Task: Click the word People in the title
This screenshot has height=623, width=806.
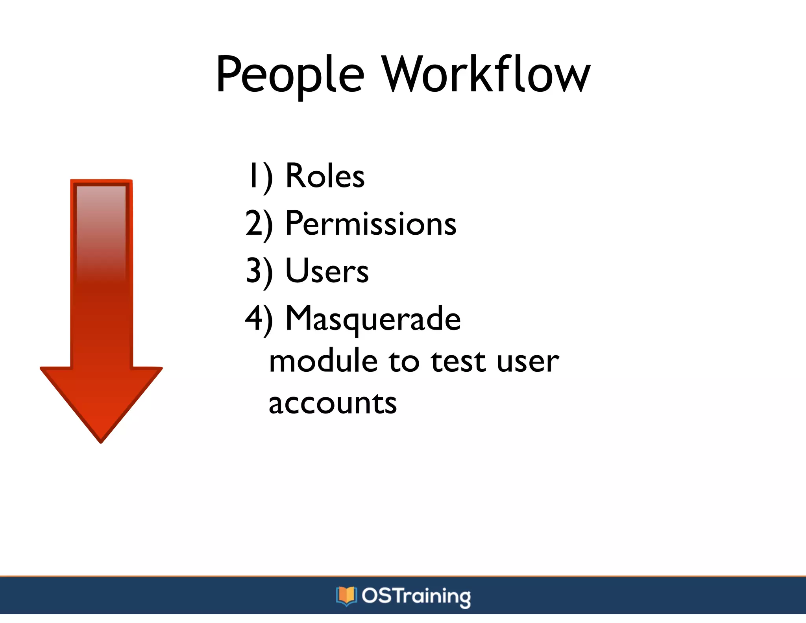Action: [x=290, y=75]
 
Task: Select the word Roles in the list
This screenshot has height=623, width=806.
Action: [x=325, y=176]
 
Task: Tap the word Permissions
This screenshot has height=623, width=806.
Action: [x=371, y=223]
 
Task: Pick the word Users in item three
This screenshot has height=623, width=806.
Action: [x=327, y=271]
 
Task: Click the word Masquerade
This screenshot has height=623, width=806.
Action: [x=373, y=319]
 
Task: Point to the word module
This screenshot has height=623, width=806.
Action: [x=323, y=362]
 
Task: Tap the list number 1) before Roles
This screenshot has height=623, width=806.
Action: [x=260, y=176]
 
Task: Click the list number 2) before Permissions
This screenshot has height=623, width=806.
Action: [x=259, y=224]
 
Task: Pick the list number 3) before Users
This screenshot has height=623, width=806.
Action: [x=259, y=272]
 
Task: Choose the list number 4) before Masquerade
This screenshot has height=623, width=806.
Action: [x=259, y=319]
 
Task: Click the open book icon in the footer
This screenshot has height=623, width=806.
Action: [x=346, y=596]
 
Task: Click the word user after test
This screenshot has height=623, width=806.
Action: [x=527, y=362]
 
